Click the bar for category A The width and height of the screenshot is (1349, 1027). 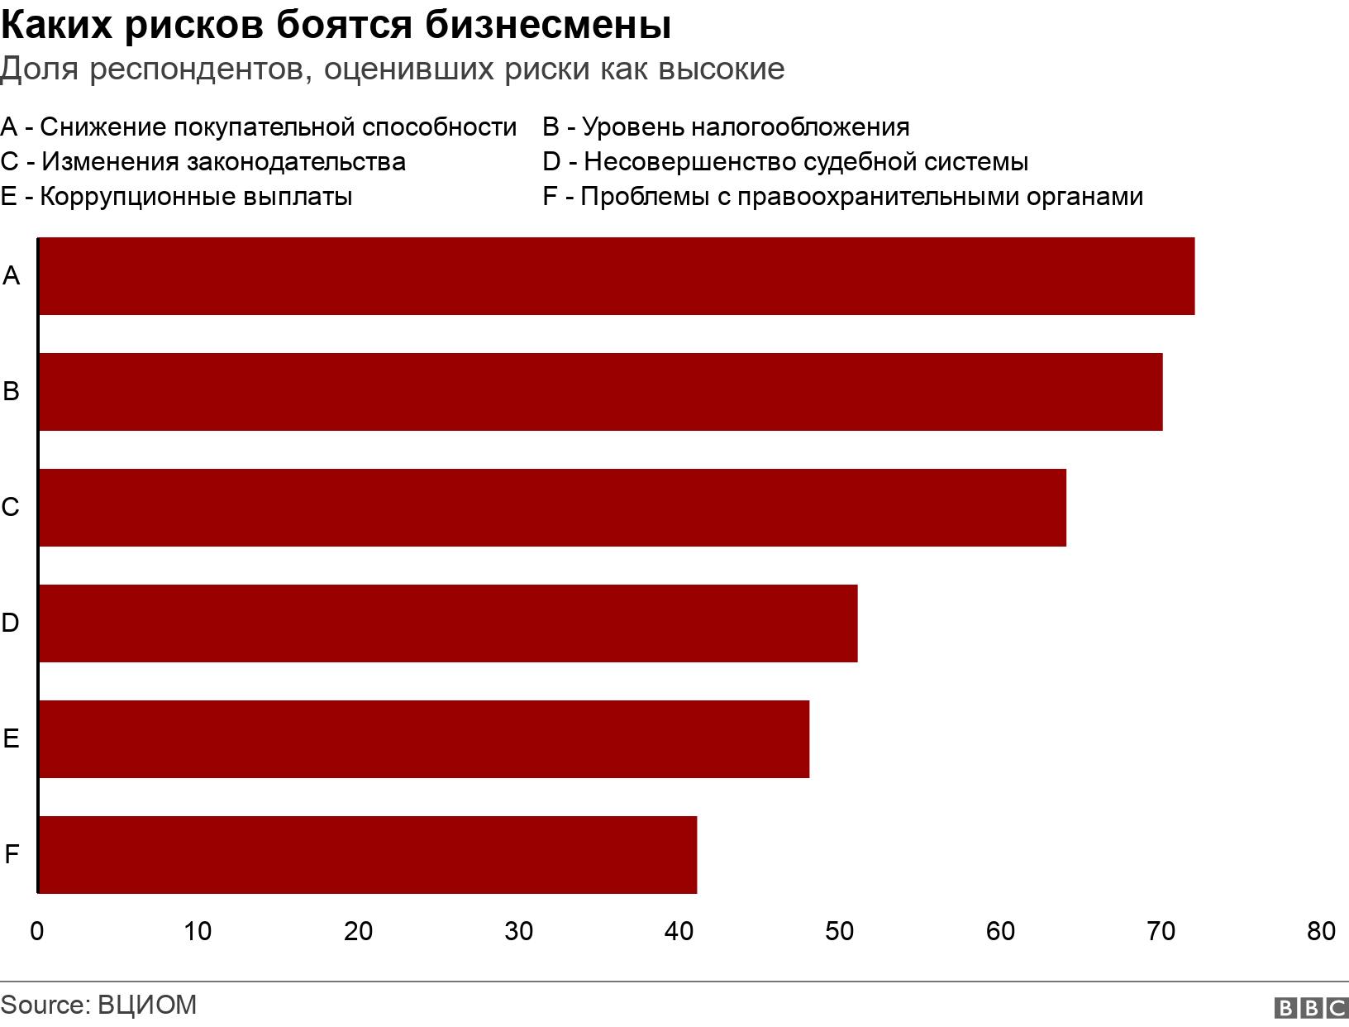point(616,276)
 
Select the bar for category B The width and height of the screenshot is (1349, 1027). point(600,392)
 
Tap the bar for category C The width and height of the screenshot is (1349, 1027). point(552,508)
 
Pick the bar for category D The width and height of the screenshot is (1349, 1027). point(447,623)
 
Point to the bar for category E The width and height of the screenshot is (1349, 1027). point(423,739)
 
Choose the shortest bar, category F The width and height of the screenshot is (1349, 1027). point(367,855)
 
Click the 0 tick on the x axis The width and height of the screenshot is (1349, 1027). point(37,932)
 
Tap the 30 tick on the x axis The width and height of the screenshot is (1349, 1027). point(519,932)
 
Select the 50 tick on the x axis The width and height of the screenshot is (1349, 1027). point(840,932)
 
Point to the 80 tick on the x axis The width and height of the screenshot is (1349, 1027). point(1321,932)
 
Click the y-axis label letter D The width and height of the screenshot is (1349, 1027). point(11,623)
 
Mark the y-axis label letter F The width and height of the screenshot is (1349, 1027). point(11,854)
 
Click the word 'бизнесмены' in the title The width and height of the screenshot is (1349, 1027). point(549,26)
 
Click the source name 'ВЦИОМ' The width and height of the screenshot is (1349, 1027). point(147,1005)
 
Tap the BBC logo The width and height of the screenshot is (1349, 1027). point(1311,1008)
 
